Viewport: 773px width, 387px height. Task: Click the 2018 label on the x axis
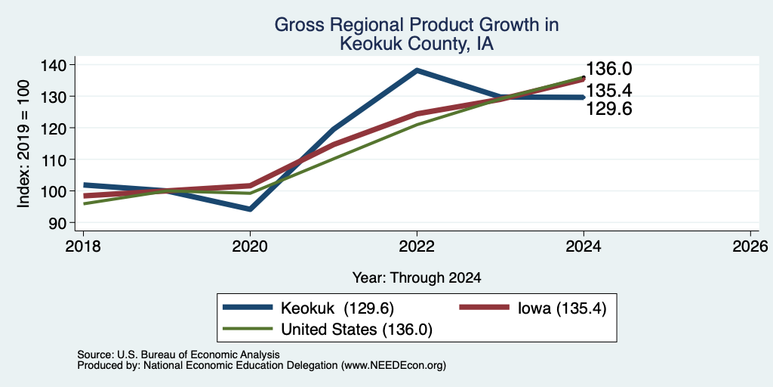(x=83, y=246)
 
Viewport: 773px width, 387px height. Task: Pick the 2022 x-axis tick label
(x=417, y=246)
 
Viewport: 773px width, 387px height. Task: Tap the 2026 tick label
(x=750, y=246)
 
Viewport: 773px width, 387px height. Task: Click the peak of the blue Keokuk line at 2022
(x=417, y=70)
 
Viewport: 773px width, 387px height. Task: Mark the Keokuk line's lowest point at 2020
(x=251, y=209)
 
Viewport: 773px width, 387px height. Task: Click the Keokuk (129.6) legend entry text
(x=337, y=308)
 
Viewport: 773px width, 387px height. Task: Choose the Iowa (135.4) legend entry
(x=562, y=308)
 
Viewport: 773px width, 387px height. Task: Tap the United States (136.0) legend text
(x=356, y=330)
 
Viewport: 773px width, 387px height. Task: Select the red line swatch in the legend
(x=484, y=308)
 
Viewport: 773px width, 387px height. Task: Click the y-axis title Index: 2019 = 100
(x=23, y=144)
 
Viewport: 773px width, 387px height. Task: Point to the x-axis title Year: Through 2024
(x=417, y=278)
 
